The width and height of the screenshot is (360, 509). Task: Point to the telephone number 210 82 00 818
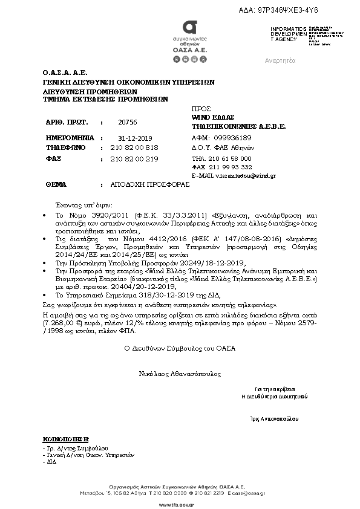pos(134,148)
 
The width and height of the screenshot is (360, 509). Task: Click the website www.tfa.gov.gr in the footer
pos(179,502)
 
